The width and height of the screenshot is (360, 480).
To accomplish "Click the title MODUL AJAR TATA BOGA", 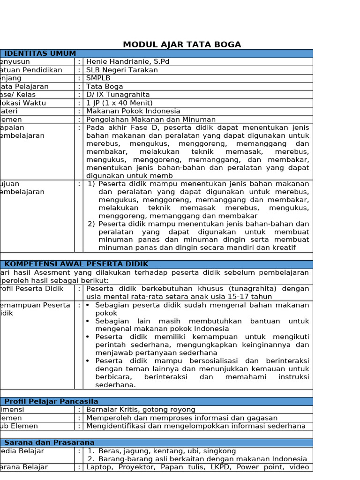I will click(x=182, y=45).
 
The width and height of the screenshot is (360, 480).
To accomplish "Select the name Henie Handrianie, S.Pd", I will click(x=127, y=62).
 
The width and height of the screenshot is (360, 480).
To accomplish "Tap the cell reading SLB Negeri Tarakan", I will click(x=122, y=70).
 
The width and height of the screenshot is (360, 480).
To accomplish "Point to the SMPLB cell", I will click(x=99, y=78).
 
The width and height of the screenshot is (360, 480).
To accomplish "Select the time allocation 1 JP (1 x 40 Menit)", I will click(x=119, y=103).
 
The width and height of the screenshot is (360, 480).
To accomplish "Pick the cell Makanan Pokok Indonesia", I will click(x=133, y=111).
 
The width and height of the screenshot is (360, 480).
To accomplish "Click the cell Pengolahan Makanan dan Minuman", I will click(x=151, y=120).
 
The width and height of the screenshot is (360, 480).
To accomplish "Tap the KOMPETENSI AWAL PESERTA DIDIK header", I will click(x=76, y=264).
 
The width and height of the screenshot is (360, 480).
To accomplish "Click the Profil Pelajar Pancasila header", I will click(x=51, y=401).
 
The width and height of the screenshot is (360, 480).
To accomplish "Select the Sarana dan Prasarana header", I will click(x=49, y=442).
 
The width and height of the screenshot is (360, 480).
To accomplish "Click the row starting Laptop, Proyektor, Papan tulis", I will click(x=197, y=467).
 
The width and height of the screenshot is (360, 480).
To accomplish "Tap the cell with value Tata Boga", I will click(x=105, y=86).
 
